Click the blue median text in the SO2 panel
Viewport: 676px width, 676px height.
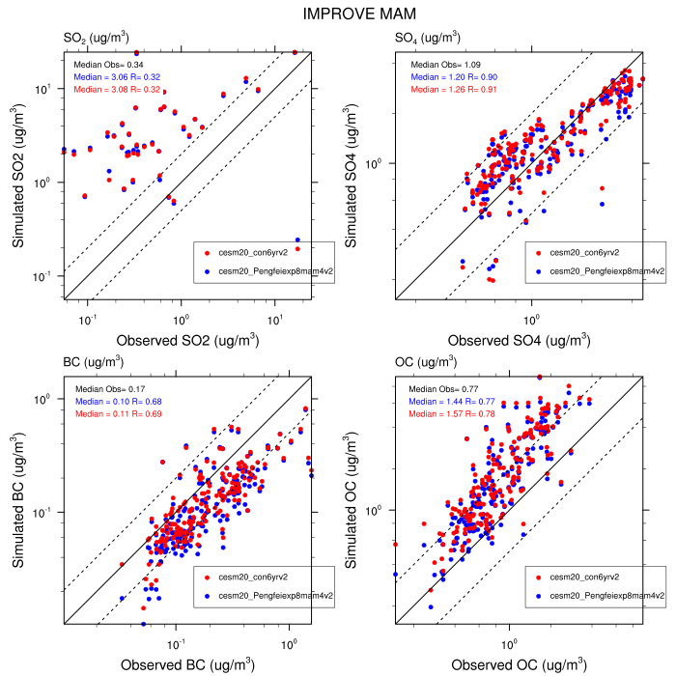point(113,74)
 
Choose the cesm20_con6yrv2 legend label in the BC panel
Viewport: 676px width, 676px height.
point(254,577)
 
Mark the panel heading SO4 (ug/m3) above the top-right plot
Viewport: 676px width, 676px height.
point(428,38)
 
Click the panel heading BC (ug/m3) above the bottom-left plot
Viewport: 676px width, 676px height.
point(93,363)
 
